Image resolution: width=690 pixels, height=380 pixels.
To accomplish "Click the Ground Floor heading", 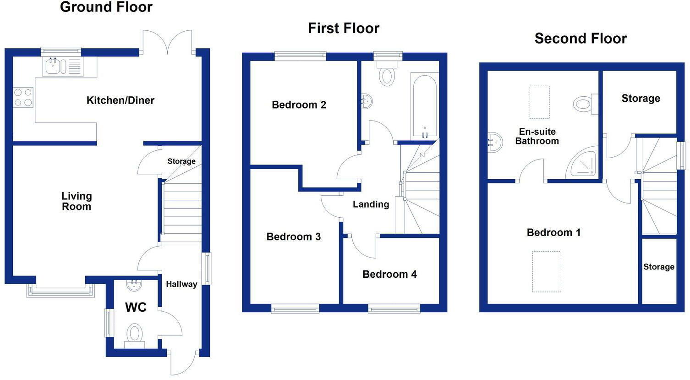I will coord(106,7).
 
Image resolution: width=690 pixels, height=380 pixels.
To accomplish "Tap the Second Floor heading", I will coord(580,39).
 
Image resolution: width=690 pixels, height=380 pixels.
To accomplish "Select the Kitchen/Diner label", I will coord(120,100).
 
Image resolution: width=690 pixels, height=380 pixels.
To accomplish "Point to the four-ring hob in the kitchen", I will coord(23,97).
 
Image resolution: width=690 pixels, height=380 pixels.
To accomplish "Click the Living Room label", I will coord(77,201).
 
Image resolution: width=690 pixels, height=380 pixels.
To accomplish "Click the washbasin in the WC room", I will coord(134,285).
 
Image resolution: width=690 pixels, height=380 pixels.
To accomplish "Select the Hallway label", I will coord(181,284).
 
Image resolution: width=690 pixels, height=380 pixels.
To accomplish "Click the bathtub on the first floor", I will coord(424,105).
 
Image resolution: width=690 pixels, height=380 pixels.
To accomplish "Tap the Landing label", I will coord(371,204).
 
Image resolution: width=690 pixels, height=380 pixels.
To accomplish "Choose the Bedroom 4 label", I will coord(389,274).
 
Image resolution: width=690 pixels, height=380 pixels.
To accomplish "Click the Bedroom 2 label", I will coord(299,105).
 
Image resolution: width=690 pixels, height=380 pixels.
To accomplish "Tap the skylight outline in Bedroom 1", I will coord(547,271).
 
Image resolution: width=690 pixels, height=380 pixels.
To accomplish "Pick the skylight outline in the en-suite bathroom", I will coord(539,102).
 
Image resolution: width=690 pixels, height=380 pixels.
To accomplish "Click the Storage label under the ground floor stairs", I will coord(181,161).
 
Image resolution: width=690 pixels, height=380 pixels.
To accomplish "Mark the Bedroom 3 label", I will coord(293,237).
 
